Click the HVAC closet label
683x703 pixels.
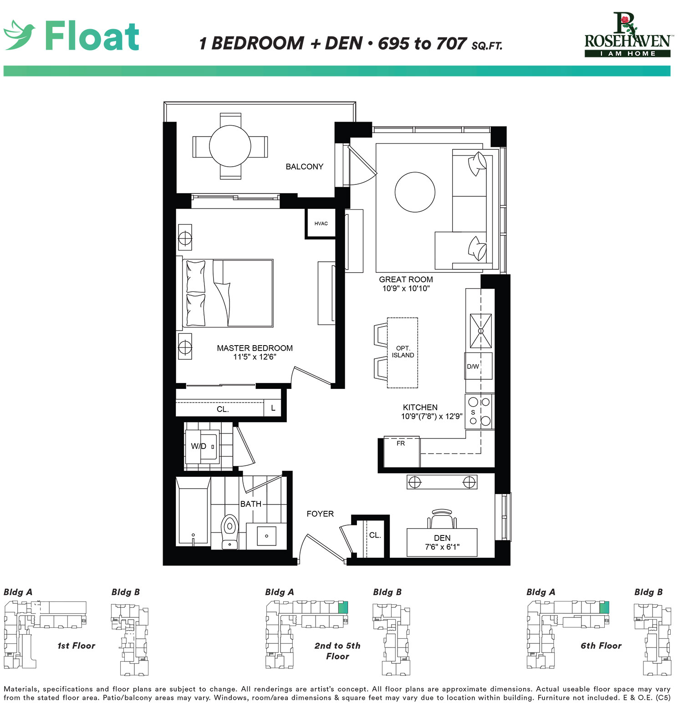tap(321, 224)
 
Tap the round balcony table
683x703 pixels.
tap(230, 146)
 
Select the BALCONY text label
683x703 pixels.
tap(304, 167)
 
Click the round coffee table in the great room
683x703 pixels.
tap(415, 192)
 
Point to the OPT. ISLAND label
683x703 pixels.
tap(403, 352)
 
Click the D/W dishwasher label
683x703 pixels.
tap(473, 367)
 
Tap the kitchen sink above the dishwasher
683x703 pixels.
tap(481, 331)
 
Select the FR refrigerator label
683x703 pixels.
tap(401, 443)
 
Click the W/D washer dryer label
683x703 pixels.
tap(199, 446)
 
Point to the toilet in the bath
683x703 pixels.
tap(229, 532)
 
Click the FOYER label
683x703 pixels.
tap(320, 514)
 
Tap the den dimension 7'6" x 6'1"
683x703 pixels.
tap(442, 547)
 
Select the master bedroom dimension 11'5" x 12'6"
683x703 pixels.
tap(255, 357)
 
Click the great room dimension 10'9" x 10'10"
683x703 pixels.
tap(406, 288)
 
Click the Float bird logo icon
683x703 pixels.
tap(19, 35)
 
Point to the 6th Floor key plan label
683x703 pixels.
tap(601, 646)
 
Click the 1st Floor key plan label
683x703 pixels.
tap(76, 646)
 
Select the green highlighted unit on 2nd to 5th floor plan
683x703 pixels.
tap(343, 607)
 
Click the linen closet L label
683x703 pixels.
tap(273, 408)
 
